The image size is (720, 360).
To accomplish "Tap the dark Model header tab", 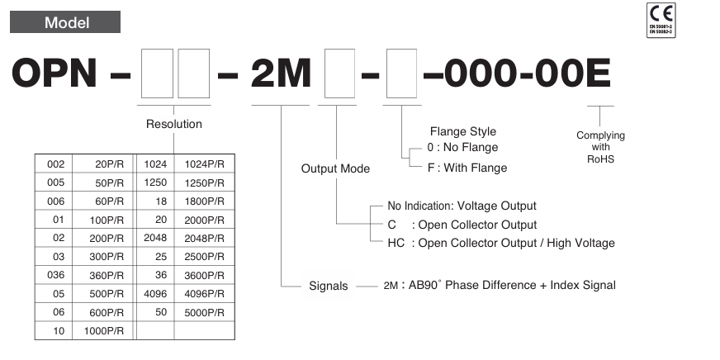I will coord(65,22).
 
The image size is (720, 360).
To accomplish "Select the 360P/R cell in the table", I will coord(106,273).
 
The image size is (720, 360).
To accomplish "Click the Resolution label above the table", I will coord(173,125).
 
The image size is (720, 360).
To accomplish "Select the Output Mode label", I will coord(335,168).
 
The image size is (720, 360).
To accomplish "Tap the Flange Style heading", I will coord(463,131).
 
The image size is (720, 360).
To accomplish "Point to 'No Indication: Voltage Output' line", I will coord(462,206).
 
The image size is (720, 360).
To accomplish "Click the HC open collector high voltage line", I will coord(500,243).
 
